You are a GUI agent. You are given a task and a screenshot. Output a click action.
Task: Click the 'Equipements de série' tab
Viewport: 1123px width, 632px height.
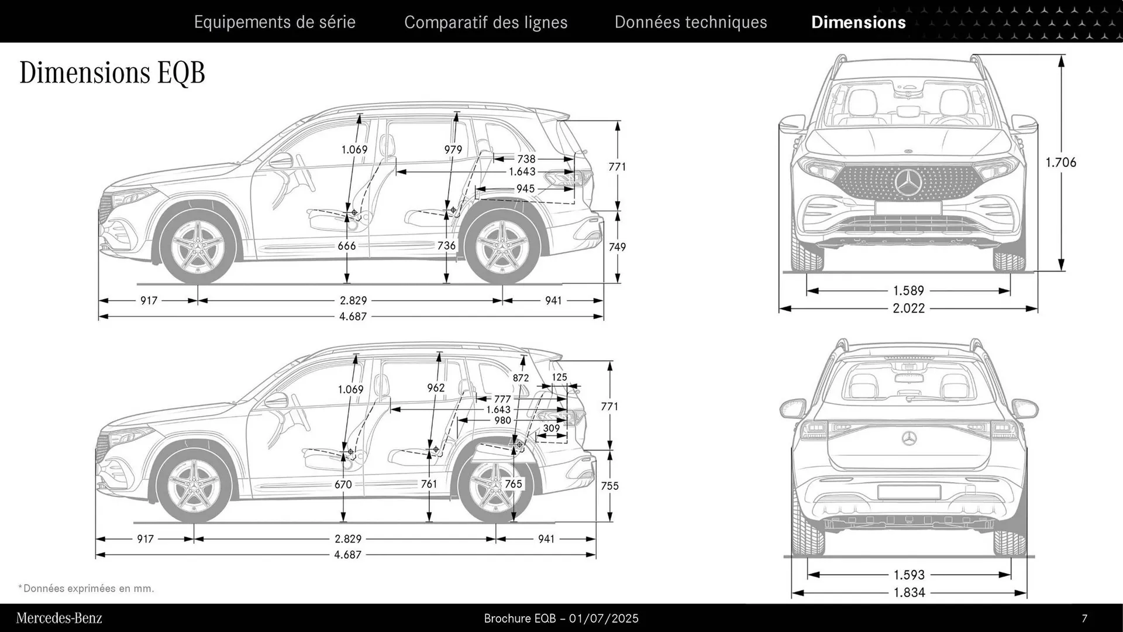274,22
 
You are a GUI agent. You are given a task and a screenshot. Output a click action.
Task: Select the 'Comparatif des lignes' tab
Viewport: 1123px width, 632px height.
485,22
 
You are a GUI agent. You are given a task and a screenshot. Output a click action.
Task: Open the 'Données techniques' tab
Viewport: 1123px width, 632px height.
690,22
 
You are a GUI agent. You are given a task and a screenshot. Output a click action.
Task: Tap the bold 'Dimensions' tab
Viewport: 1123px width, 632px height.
858,22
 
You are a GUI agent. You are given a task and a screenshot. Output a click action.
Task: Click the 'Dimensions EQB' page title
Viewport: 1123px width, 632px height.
112,73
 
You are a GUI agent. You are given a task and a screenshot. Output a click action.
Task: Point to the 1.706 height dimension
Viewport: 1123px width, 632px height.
1060,163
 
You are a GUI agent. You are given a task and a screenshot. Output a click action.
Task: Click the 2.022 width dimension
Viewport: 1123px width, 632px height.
908,308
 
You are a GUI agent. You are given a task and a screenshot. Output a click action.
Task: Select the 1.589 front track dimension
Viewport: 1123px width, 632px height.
908,291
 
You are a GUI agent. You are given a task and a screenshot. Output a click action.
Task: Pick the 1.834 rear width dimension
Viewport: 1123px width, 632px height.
909,593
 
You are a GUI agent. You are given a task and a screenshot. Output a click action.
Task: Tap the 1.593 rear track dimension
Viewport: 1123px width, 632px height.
909,575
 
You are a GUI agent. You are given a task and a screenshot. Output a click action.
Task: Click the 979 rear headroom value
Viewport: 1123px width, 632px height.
453,150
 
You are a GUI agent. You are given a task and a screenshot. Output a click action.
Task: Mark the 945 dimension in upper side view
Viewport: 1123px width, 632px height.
525,189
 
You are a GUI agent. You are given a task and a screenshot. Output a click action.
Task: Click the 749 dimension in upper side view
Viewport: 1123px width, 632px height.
617,247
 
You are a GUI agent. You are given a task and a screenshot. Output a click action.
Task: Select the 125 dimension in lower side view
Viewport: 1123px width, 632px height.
559,377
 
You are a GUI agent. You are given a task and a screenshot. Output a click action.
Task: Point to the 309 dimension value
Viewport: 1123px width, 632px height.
551,428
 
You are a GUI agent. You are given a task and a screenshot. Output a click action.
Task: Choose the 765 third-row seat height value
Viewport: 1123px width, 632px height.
513,484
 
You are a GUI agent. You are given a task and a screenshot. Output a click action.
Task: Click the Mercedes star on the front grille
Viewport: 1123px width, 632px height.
908,183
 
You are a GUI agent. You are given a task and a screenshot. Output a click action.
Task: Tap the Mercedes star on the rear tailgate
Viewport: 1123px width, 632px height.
908,438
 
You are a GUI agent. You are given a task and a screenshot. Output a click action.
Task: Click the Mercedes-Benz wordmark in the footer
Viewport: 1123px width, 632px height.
59,619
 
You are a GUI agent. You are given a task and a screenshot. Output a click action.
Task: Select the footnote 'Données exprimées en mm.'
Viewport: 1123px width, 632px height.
88,589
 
